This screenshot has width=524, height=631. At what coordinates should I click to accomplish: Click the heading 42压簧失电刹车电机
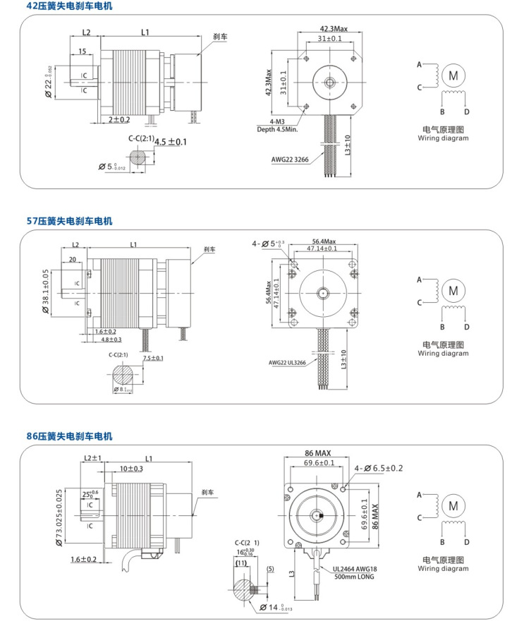(x=69, y=6)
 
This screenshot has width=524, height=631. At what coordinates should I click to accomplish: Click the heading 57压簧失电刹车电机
(x=69, y=221)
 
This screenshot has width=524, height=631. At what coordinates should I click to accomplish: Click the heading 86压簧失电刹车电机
(x=69, y=436)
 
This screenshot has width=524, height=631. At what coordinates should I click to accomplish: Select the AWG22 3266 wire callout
(x=291, y=159)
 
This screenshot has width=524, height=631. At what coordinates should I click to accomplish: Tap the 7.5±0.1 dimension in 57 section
(x=152, y=359)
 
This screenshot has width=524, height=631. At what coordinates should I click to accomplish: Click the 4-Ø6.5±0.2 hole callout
(x=379, y=468)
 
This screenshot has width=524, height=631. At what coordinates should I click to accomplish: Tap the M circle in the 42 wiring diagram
(x=453, y=75)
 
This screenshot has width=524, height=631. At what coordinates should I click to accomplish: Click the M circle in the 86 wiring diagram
(x=453, y=505)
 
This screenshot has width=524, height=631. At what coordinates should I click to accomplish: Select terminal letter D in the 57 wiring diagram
(x=466, y=327)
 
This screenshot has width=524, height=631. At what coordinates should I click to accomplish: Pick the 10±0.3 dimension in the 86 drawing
(x=131, y=469)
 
